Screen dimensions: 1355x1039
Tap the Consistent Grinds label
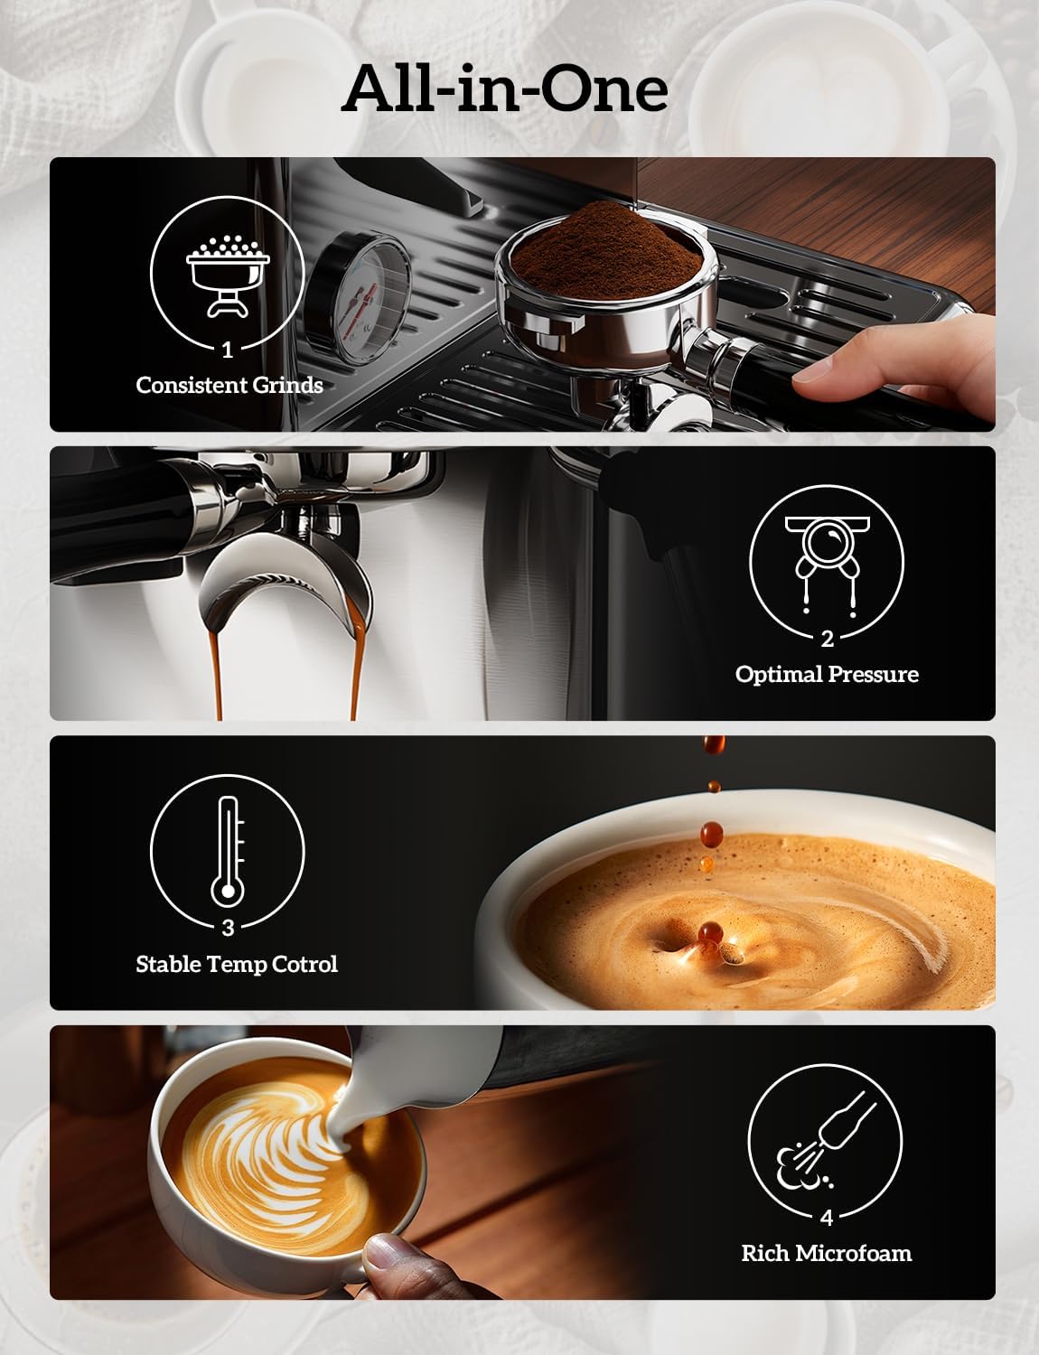coord(229,385)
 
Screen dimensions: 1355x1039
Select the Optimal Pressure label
coord(826,674)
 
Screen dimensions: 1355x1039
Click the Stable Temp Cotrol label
coord(236,964)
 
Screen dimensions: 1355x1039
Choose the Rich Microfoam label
coord(826,1253)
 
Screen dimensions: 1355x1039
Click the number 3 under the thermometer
coord(227,928)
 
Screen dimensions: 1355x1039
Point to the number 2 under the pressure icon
coord(827,639)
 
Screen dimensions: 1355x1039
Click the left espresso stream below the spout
coord(217,673)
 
